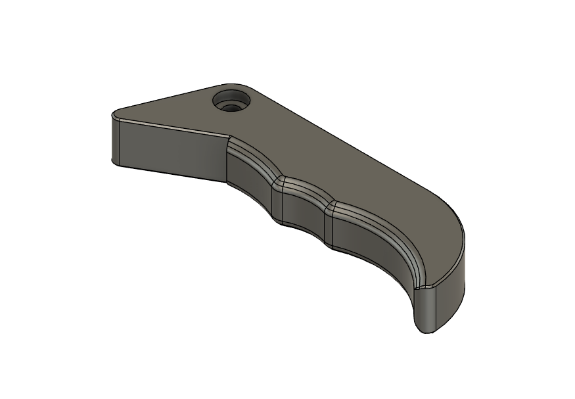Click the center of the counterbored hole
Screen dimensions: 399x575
pyautogui.click(x=232, y=103)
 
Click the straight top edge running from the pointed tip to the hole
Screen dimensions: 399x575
pyautogui.click(x=164, y=99)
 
